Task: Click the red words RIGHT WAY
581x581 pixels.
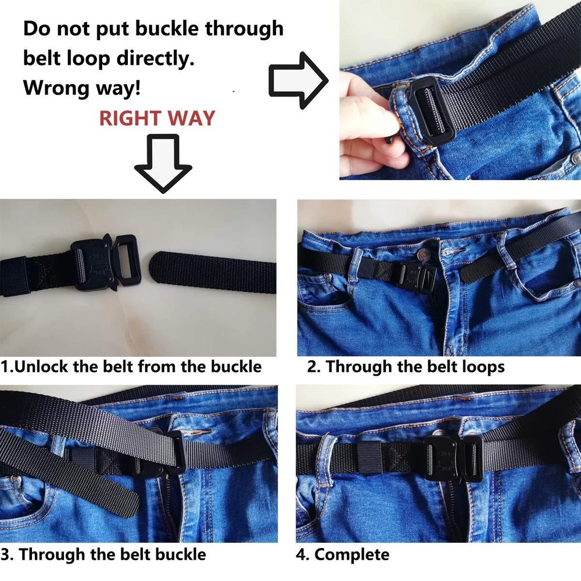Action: click(x=157, y=118)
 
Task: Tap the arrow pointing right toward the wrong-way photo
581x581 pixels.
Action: click(x=299, y=80)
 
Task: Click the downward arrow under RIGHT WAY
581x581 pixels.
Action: click(x=163, y=163)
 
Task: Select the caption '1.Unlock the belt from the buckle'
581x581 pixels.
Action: click(x=131, y=367)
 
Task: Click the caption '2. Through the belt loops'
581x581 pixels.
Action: click(x=406, y=367)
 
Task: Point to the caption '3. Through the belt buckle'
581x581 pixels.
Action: click(x=103, y=554)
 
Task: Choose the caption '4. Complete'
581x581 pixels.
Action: click(x=343, y=555)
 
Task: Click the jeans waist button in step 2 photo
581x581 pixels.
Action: click(x=423, y=255)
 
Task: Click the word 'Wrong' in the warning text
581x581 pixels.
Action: click(x=56, y=88)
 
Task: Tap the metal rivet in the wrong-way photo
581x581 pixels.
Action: click(x=575, y=158)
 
